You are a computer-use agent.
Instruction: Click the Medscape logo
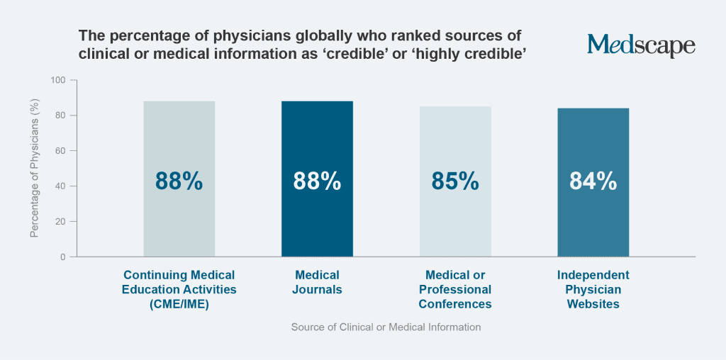[641, 45]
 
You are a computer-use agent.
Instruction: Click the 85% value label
[455, 181]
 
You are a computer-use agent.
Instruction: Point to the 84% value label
[593, 181]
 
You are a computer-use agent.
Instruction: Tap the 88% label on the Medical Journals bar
[317, 181]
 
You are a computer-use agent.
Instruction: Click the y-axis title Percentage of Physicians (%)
[35, 169]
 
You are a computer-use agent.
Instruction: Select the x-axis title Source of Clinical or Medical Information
[386, 327]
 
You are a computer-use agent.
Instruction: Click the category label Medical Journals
[317, 282]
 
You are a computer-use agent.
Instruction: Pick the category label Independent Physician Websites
[593, 289]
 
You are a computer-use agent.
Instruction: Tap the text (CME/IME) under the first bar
[179, 305]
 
